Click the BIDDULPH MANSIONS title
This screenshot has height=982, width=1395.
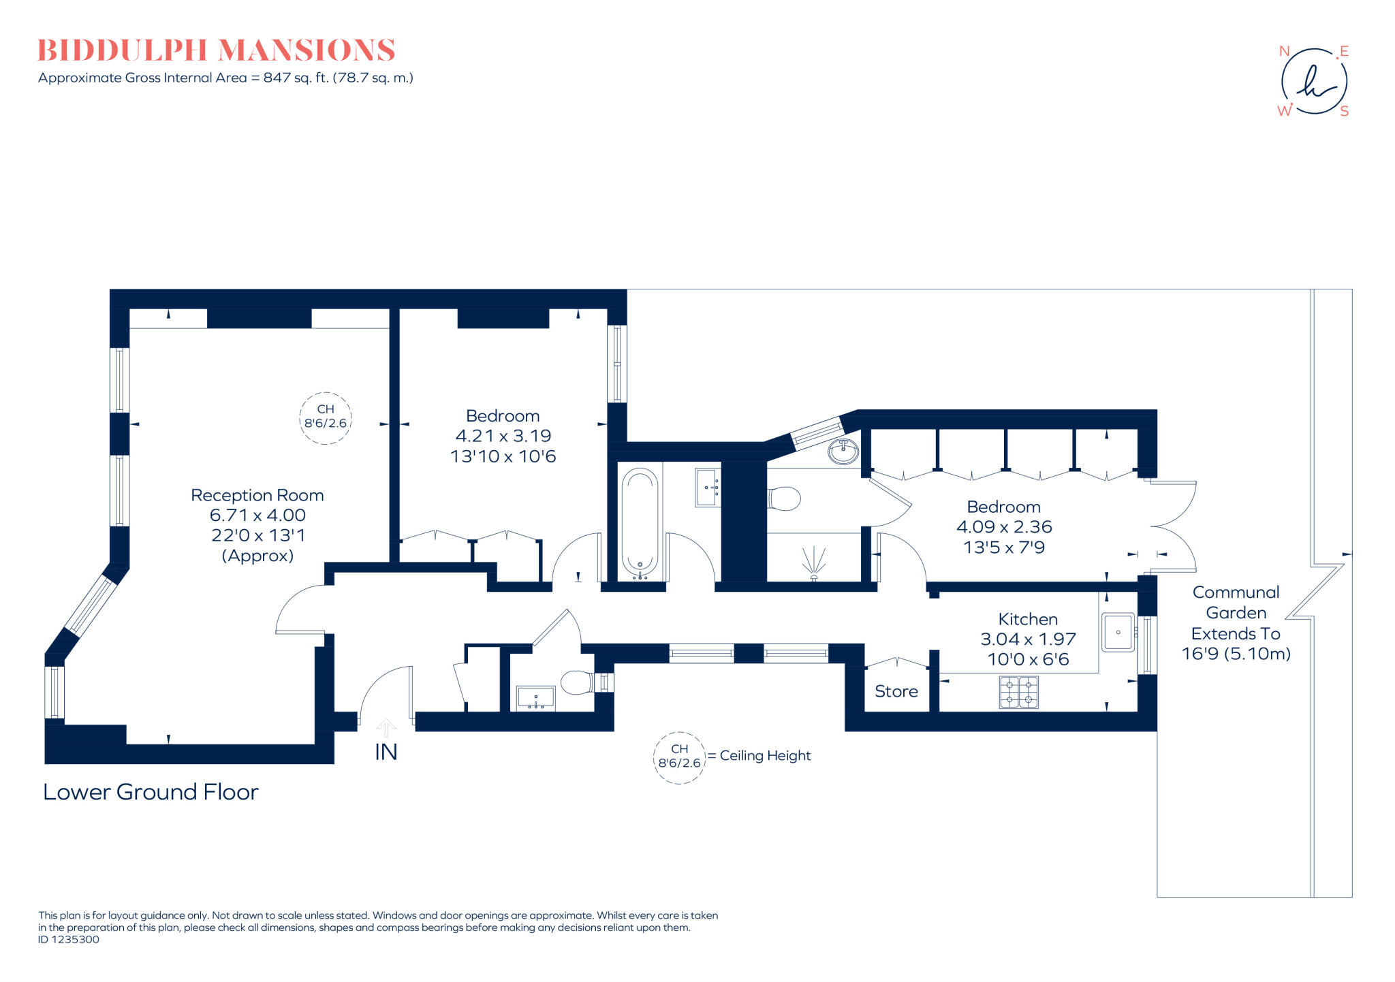tap(216, 50)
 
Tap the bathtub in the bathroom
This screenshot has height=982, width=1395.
tap(640, 523)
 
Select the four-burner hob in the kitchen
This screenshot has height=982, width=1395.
tap(1018, 691)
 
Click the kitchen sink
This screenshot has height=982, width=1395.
tap(1118, 632)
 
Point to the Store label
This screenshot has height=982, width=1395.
tap(896, 691)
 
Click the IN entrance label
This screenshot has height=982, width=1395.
tap(386, 752)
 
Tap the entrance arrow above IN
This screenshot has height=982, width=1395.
tap(386, 727)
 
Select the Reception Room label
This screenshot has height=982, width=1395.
tap(257, 495)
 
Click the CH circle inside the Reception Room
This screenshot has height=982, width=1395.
tap(326, 417)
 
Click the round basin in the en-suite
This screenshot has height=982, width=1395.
tap(843, 451)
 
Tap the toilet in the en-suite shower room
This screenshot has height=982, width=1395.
tap(784, 498)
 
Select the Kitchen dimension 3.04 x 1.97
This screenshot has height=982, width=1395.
tap(1028, 639)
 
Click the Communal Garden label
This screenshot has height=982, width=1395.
tap(1236, 603)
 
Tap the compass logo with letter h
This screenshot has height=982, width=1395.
tap(1314, 81)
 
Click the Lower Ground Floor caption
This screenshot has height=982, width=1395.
tap(151, 792)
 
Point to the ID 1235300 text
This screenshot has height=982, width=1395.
tap(69, 939)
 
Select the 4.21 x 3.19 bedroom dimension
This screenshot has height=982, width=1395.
tap(503, 436)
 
